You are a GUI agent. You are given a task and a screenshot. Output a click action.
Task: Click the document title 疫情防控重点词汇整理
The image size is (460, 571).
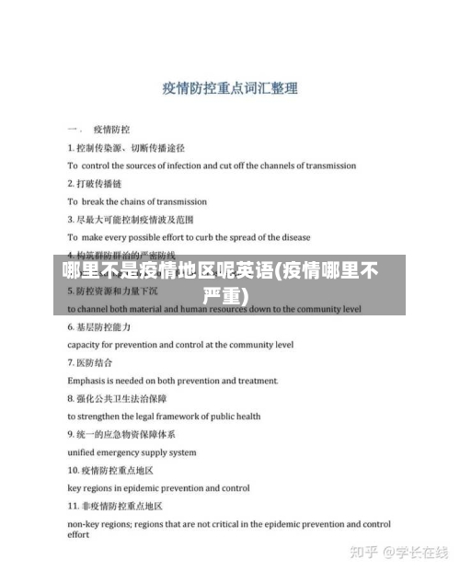point(229,89)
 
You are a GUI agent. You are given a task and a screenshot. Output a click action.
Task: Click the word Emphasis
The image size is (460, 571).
point(90,381)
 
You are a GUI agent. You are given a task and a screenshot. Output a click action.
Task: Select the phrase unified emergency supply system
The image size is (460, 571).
point(132,452)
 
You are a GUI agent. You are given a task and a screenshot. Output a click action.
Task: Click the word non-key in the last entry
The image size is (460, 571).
point(86,524)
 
